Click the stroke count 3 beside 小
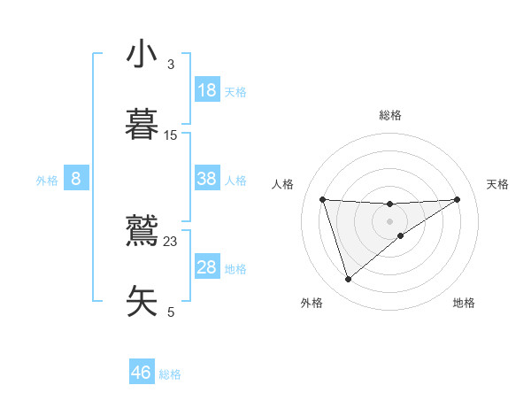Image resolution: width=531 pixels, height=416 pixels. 171,65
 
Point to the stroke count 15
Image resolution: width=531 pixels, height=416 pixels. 171,135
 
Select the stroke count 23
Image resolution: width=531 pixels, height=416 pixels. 171,241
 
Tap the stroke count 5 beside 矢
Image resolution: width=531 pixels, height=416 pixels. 171,312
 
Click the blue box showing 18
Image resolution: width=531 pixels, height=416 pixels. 207,90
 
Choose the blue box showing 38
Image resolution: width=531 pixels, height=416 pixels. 207,179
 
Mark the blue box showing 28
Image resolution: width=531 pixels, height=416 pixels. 207,267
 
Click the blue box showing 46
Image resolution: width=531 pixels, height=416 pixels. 142,373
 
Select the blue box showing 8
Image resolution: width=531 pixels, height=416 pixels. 76,179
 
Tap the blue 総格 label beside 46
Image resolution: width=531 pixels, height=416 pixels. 170,374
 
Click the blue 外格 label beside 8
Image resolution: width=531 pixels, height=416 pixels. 47,181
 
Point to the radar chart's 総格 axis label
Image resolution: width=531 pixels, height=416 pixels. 390,115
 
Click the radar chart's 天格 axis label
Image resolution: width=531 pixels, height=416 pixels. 497,184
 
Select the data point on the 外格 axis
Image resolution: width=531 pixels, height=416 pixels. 348,280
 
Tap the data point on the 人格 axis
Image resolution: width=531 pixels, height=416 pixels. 323,199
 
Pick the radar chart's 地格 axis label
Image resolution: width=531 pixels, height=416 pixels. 464,303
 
